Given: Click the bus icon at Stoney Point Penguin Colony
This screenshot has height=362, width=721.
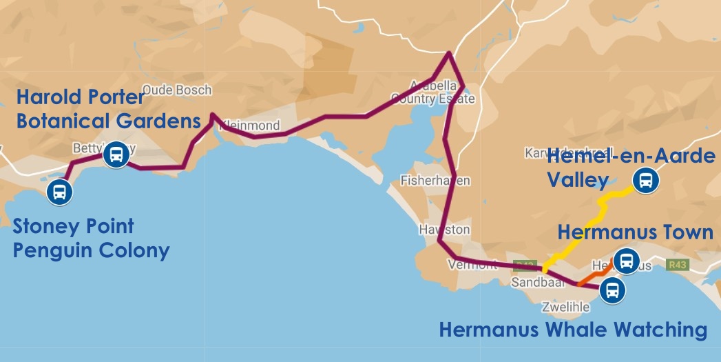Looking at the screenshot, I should click(x=60, y=192).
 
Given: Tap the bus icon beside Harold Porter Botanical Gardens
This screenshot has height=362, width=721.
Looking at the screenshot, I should click(x=116, y=155).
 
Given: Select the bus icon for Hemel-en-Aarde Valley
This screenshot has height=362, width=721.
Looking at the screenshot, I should click(x=646, y=181).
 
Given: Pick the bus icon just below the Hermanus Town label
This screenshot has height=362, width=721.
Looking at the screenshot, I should click(x=625, y=261).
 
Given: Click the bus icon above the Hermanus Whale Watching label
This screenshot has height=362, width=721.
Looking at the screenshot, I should click(x=612, y=290).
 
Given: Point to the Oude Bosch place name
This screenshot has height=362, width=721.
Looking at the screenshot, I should click(x=177, y=90).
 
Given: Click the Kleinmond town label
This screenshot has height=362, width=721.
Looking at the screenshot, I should click(x=252, y=126).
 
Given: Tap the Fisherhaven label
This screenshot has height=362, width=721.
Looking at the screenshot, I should click(x=435, y=181).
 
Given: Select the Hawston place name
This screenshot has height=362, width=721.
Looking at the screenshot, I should click(x=444, y=230).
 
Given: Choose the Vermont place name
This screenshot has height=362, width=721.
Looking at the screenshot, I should click(x=471, y=265).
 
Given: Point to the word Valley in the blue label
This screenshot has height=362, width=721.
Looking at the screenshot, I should click(x=577, y=181).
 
